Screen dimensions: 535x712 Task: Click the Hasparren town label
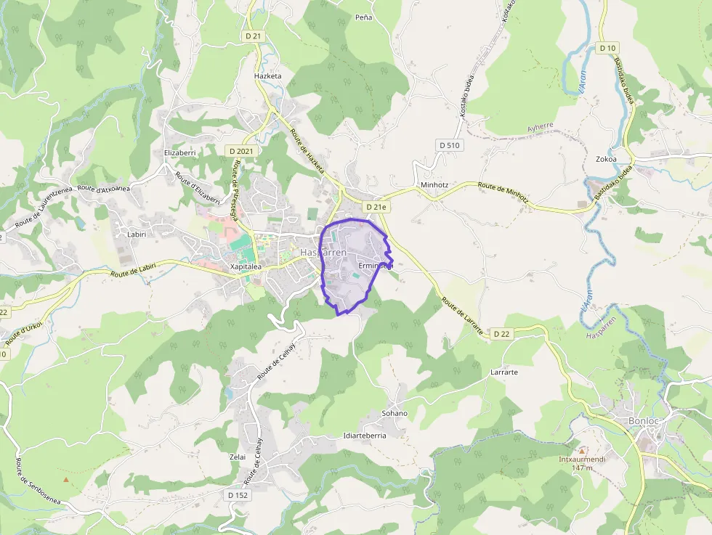[323, 252]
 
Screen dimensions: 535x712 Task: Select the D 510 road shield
[449, 145]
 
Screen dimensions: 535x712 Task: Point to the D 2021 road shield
[240, 151]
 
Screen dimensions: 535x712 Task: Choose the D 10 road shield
[608, 48]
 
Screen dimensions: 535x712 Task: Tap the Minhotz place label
[434, 185]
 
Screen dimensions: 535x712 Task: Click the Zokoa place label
[606, 159]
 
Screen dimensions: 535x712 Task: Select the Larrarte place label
[504, 372]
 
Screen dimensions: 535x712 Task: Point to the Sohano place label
[395, 413]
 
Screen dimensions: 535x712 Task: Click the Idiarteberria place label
[364, 436]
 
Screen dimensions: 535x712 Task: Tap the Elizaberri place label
[180, 153]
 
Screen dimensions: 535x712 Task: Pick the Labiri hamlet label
[137, 234]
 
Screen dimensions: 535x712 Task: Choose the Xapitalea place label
[246, 266]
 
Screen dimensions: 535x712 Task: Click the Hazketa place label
[267, 75]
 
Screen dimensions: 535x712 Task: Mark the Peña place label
[363, 17]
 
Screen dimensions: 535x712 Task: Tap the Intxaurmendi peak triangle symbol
[581, 449]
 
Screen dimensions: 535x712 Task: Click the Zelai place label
[238, 457]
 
